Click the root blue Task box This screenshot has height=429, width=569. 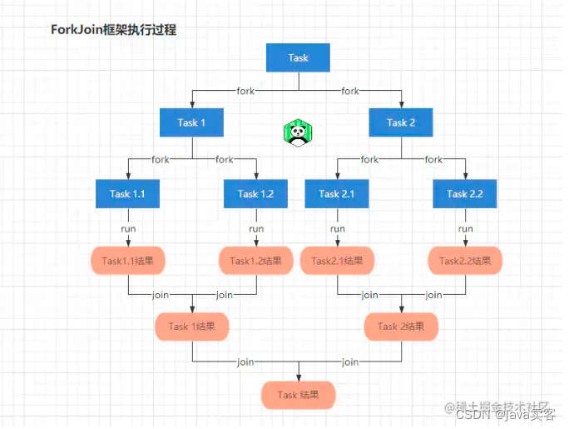(x=298, y=57)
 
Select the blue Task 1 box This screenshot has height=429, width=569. (x=192, y=122)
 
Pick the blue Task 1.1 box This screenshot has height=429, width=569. (x=127, y=193)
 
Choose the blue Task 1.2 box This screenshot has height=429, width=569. (x=256, y=193)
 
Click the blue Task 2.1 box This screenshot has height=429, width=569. (x=337, y=193)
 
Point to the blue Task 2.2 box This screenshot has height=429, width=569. (x=465, y=193)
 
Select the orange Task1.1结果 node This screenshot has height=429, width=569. (x=127, y=261)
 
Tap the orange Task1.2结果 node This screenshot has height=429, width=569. (x=256, y=261)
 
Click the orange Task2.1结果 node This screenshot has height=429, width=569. (x=337, y=261)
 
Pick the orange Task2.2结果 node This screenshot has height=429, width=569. (x=465, y=261)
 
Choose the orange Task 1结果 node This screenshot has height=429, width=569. (x=192, y=327)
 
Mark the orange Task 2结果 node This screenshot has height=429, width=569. (x=401, y=327)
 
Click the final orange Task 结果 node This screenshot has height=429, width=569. (x=298, y=395)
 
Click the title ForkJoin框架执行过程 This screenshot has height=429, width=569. (x=114, y=30)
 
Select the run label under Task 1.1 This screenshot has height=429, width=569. (x=127, y=228)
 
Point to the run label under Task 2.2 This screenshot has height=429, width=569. (x=465, y=228)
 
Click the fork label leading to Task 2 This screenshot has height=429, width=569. (x=350, y=91)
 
